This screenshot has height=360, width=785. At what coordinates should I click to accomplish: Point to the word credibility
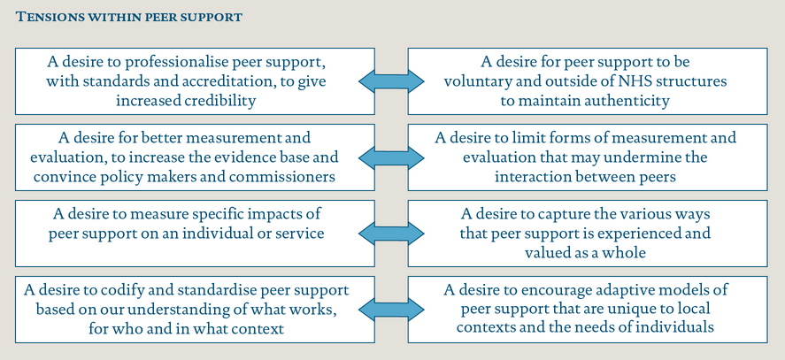220,101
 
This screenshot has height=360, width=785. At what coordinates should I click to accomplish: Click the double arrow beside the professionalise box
391,81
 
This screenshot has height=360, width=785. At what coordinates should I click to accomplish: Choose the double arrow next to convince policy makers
391,157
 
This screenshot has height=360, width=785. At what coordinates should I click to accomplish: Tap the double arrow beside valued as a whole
391,234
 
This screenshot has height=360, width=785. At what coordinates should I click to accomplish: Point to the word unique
645,310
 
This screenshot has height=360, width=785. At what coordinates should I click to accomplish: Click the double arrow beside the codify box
391,310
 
